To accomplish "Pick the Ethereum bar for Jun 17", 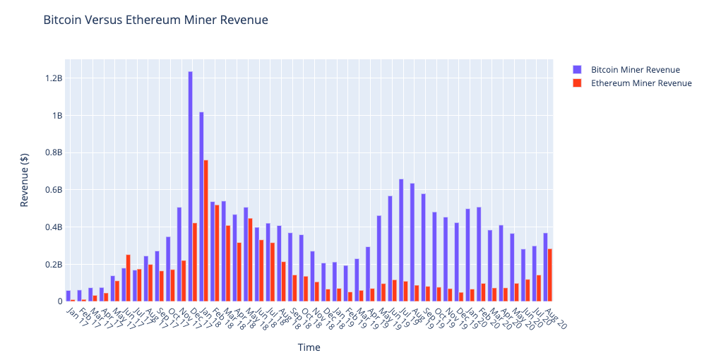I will coord(128,278).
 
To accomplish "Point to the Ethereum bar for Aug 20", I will coord(550,275).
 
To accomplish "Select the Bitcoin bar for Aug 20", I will coord(545,268).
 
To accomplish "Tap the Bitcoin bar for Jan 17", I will coord(68,296).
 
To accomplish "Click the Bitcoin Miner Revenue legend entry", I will coord(635,70).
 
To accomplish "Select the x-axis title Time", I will coord(309,348).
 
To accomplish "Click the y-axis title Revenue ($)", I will coord(25,190).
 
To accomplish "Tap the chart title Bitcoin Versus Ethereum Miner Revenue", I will coord(155,20).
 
